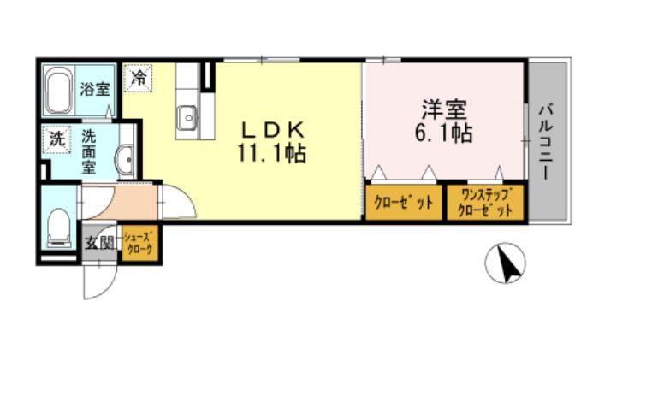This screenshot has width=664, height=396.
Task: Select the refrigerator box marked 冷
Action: (137, 77)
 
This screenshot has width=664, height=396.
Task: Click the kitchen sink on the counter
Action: (187, 118)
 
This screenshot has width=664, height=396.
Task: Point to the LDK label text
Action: (271, 130)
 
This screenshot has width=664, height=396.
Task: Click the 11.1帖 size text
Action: (272, 154)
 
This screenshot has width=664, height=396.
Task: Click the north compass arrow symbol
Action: (506, 263)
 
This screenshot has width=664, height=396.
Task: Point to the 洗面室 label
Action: (89, 151)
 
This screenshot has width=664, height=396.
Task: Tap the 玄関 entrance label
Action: (99, 243)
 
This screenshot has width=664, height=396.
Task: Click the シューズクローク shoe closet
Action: (139, 243)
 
